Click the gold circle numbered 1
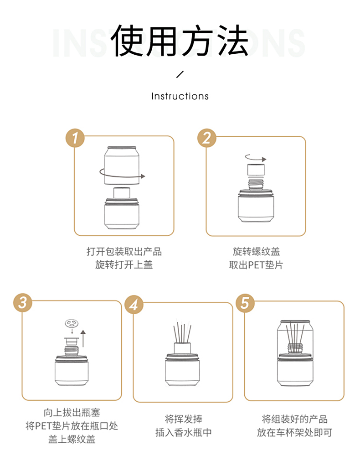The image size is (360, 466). coord(75,138)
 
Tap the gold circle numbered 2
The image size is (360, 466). coord(207,138)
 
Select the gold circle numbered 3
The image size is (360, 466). coord(23,303)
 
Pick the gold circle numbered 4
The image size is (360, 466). coord(134,304)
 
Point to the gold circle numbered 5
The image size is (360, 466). coord(245,303)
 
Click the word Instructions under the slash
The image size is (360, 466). coord(180,96)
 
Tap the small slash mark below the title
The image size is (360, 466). coord(180,74)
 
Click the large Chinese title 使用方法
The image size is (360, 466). coord(180,41)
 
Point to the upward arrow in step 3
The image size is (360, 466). coord(83,338)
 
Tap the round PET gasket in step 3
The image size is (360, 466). coord(72,323)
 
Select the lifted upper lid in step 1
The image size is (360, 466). coord(122,165)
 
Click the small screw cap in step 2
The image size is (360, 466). coord(256,170)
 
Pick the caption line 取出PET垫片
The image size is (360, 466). coord(256,265)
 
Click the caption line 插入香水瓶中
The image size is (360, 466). coord(184,432)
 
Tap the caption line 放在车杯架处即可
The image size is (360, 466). coord(294,432)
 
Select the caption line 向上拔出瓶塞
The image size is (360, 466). coord(72,413)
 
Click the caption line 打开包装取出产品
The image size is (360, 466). coord(124,251)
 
